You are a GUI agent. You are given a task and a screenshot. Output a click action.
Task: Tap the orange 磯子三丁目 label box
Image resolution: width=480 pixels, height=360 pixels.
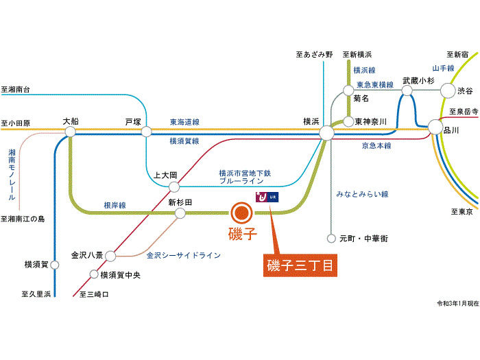[300, 265]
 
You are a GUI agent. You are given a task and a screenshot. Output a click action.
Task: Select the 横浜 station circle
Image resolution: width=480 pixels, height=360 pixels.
[327, 132]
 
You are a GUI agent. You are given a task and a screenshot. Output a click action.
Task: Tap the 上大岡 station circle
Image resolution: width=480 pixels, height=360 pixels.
[174, 187]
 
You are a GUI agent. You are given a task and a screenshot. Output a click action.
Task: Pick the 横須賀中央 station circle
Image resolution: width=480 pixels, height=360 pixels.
[94, 275]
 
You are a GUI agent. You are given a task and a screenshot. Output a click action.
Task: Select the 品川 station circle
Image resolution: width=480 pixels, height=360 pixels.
[435, 126]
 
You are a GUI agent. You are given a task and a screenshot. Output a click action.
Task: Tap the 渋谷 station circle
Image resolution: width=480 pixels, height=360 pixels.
[447, 90]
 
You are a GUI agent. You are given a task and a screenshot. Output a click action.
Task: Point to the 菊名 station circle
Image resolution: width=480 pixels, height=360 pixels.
[348, 90]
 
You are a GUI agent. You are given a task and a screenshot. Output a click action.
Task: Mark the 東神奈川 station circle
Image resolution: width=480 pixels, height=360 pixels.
[348, 121]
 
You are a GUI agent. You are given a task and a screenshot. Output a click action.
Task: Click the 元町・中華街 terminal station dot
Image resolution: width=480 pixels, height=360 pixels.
[332, 239]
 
